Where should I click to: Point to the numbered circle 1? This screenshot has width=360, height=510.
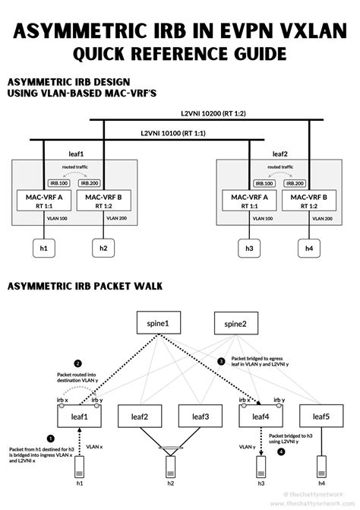51,438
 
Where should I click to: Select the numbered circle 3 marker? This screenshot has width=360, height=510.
222,362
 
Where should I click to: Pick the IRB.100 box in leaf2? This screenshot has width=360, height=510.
265,182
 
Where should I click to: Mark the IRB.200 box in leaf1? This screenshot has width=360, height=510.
90,182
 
